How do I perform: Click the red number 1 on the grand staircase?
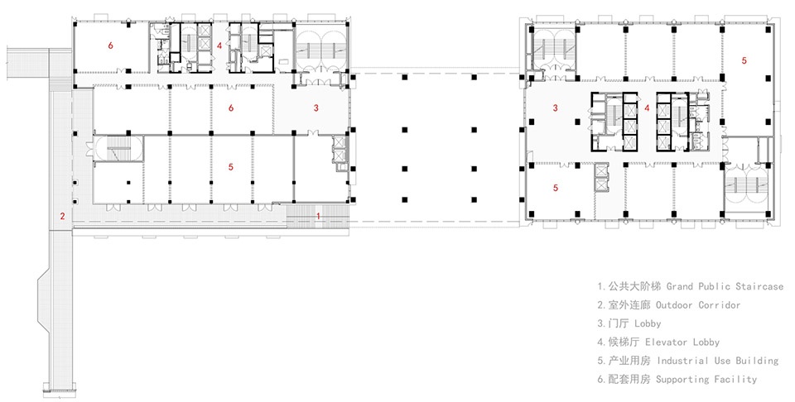318,216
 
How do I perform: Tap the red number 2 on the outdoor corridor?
62,216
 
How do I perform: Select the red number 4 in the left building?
219,45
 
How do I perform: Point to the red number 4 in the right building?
647,108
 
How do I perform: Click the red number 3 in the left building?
316,108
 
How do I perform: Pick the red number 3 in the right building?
556,108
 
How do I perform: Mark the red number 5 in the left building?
231,167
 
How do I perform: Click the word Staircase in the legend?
758,286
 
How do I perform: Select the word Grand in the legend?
679,286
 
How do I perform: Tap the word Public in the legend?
712,286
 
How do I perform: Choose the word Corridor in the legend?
720,305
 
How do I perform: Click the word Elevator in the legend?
666,342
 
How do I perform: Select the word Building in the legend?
757,361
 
